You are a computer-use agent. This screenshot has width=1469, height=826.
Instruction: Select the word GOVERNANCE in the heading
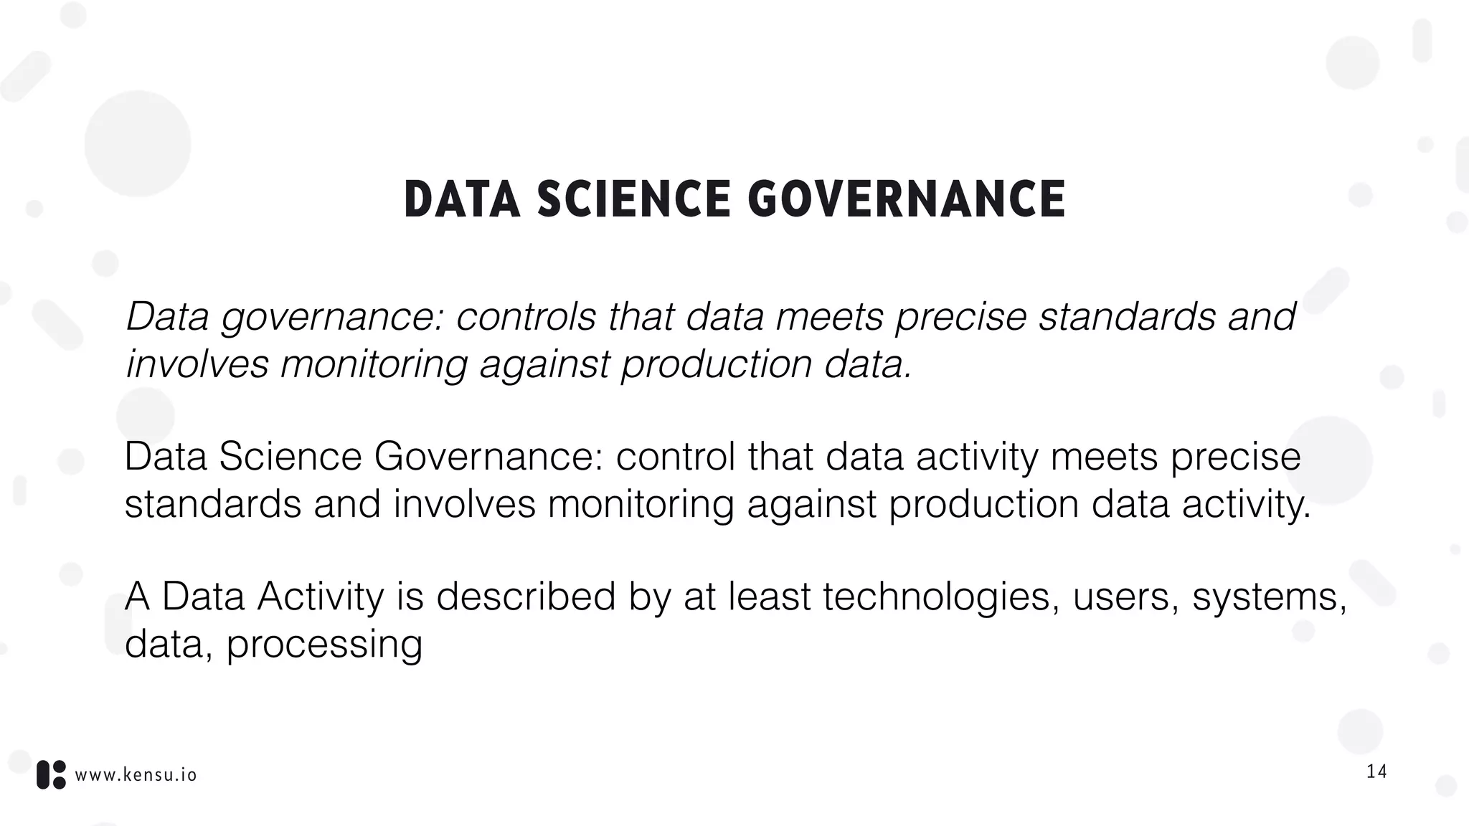907,199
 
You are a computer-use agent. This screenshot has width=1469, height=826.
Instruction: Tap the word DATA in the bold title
462,199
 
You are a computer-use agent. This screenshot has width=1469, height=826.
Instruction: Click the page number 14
1376,772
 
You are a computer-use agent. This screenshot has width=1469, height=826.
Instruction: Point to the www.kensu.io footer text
136,775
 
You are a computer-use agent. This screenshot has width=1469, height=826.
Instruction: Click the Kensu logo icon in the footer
51,774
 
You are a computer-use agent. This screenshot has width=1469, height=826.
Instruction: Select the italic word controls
526,316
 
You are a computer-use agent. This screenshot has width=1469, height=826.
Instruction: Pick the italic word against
544,364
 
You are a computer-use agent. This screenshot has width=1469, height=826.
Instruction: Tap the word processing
324,644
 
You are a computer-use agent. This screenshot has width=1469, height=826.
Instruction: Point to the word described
526,597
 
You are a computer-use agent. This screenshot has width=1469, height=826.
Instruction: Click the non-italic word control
675,457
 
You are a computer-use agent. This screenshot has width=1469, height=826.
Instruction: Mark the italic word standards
1127,316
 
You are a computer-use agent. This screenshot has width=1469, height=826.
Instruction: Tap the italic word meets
829,316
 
